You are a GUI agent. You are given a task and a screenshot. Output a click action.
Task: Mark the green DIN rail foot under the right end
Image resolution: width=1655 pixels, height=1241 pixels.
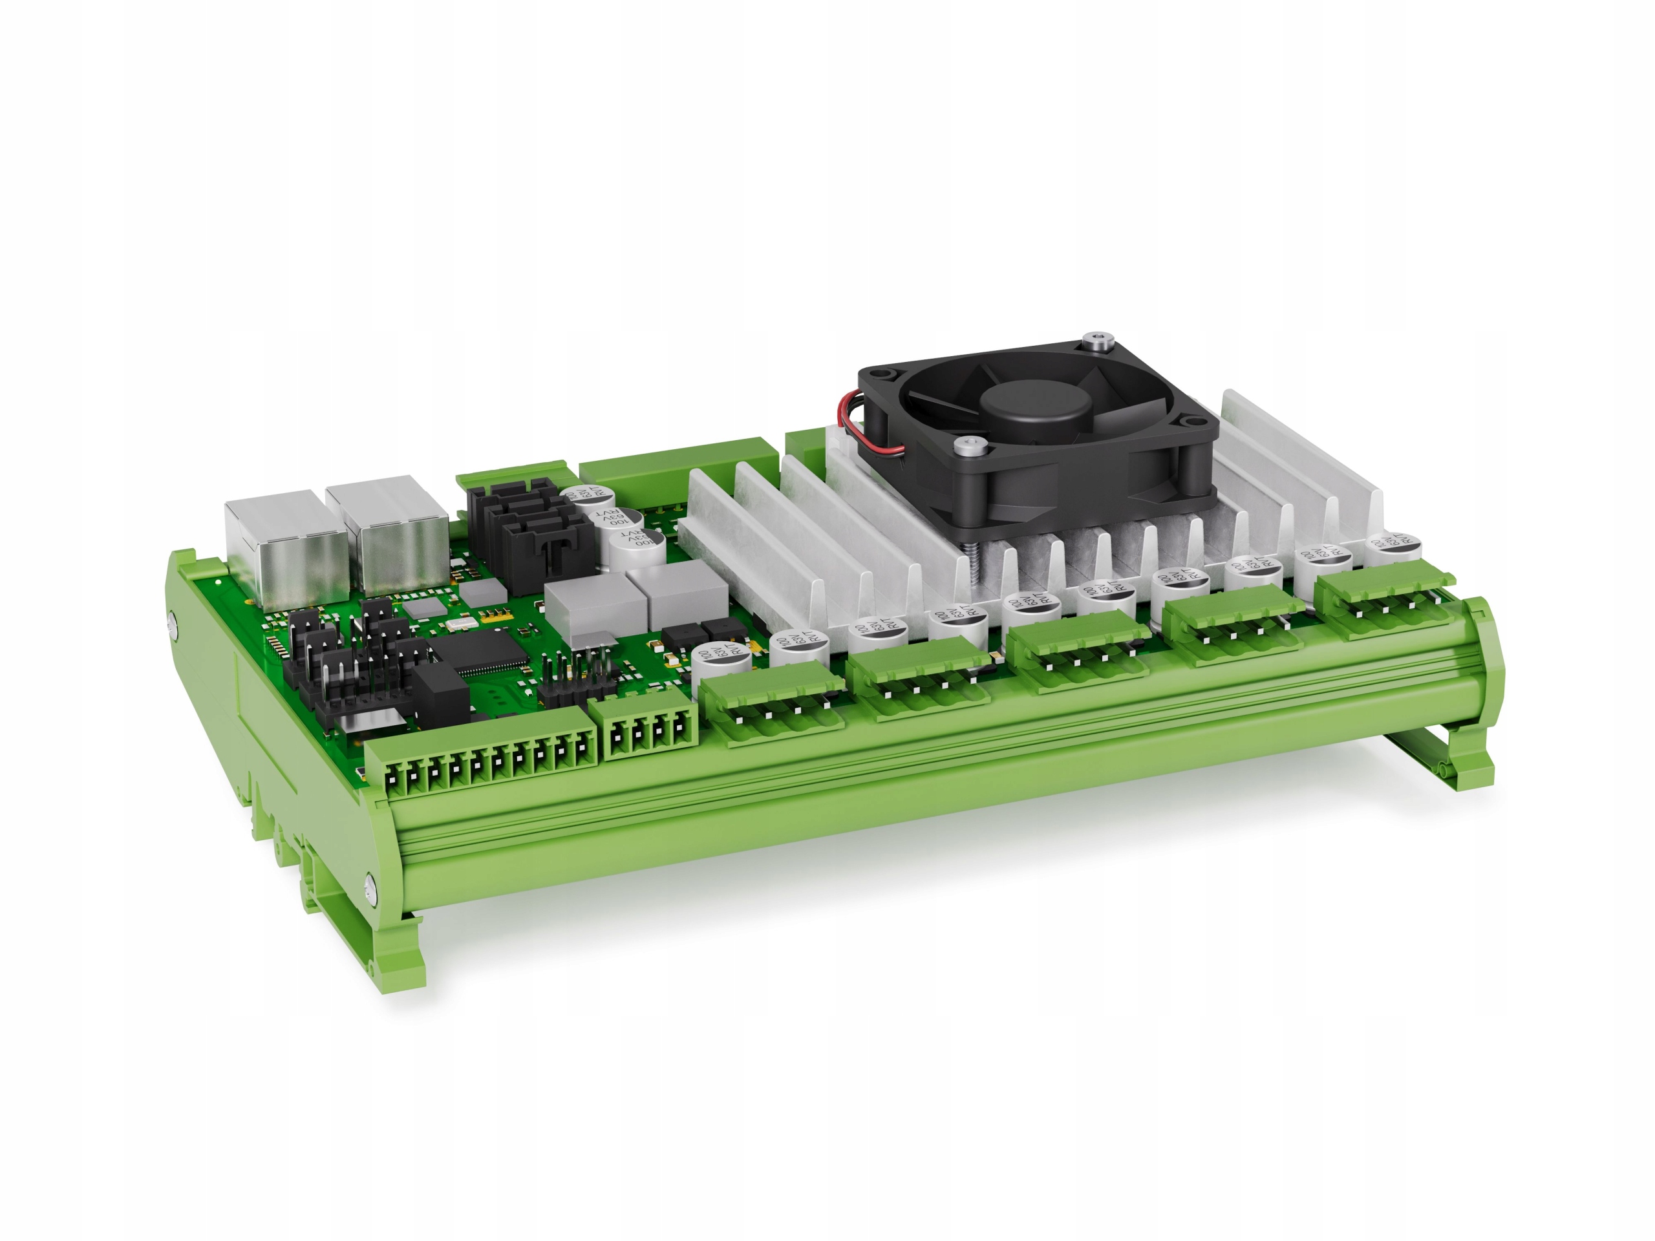(x=1466, y=748)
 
